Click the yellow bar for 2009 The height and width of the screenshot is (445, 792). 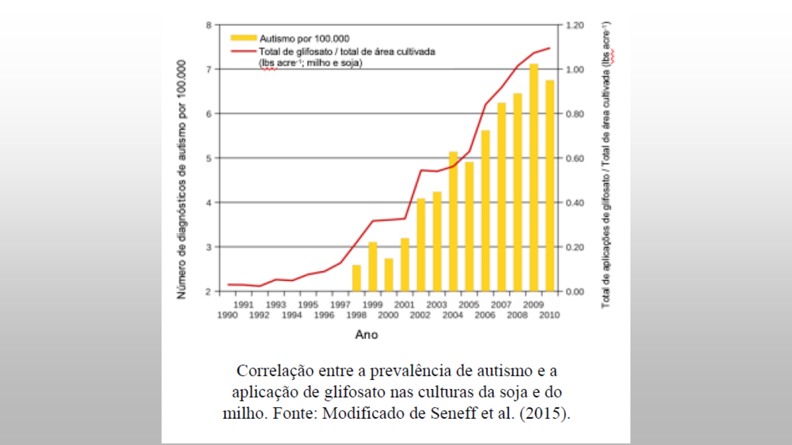click(534, 178)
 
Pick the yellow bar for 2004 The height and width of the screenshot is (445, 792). click(453, 222)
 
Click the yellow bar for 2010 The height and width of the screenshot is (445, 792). click(550, 186)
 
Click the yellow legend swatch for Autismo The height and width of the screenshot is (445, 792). click(244, 38)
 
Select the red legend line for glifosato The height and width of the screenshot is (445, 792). click(244, 51)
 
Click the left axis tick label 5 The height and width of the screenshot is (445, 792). click(209, 159)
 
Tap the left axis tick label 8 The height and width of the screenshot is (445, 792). click(209, 25)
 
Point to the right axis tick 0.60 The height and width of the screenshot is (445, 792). click(575, 159)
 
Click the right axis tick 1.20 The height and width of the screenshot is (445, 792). click(575, 25)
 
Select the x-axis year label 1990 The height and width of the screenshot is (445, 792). click(227, 315)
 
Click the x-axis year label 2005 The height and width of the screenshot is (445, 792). click(469, 305)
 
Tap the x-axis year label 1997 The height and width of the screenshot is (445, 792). click(340, 305)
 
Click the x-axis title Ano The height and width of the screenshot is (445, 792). click(366, 335)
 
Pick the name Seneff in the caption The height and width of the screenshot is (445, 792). click(453, 413)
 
